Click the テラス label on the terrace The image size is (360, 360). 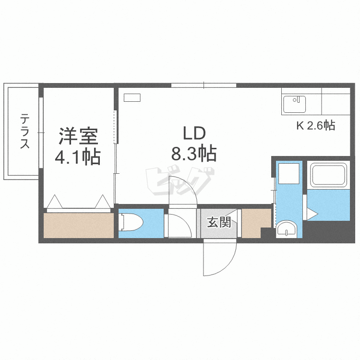(24, 131)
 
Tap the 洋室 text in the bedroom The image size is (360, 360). (78, 136)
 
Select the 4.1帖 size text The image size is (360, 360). (78, 156)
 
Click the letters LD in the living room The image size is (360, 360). (194, 133)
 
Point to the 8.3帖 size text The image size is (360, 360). (194, 154)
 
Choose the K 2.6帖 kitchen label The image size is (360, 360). (315, 126)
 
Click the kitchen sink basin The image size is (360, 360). (294, 104)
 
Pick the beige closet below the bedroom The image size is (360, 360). (79, 225)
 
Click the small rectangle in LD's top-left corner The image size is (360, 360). (132, 97)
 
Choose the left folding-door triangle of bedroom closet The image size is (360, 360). (55, 202)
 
